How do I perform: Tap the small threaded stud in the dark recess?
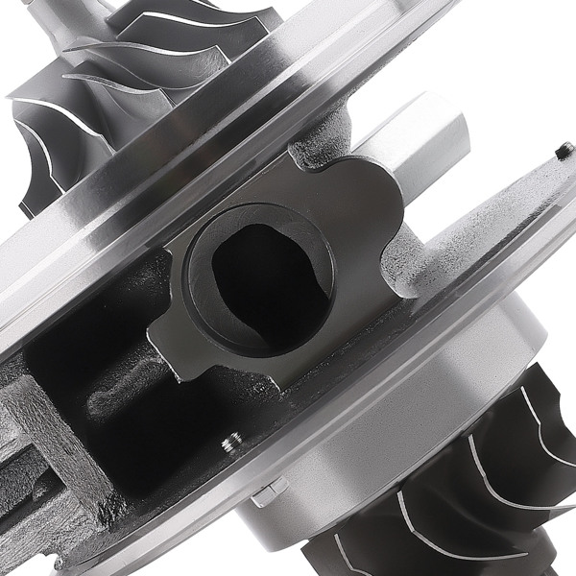point(230,444)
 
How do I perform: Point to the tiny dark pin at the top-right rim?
point(564,149)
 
